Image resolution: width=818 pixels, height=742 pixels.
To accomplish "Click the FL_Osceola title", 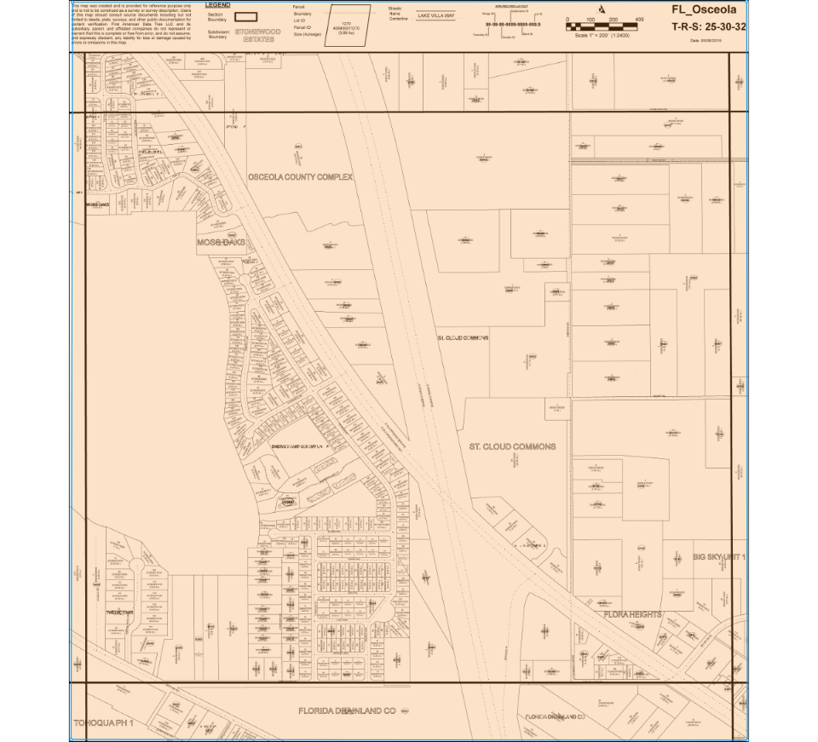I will tap(704, 10).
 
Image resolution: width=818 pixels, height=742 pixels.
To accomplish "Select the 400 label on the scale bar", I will tap(640, 18).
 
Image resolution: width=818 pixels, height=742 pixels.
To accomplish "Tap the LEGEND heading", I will tap(217, 5).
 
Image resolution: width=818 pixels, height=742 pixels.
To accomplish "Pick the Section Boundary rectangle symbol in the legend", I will tap(246, 16).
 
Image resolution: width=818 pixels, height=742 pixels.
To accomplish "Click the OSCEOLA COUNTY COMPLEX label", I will tap(300, 177).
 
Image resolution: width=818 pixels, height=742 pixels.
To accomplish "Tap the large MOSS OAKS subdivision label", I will tap(221, 243).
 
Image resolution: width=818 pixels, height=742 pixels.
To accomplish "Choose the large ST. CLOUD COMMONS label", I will tap(512, 446).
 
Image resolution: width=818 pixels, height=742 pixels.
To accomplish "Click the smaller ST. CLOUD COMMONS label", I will tap(463, 338).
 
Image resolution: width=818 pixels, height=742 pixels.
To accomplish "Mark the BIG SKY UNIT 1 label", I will tap(719, 556).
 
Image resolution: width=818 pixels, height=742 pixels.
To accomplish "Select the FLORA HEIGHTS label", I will tap(632, 614).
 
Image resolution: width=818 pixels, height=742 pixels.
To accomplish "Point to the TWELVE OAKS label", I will tap(119, 613).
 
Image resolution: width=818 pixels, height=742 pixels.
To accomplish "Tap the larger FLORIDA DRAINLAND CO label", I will tap(348, 710).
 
